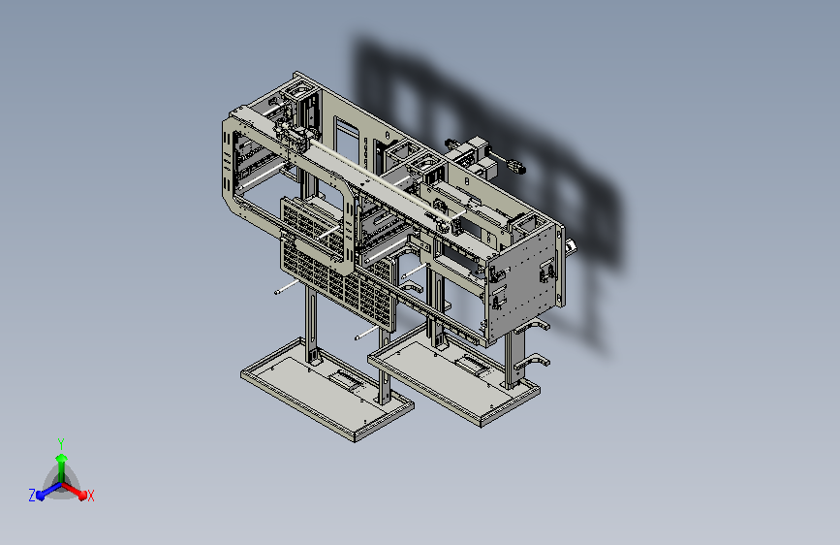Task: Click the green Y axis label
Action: [x=61, y=443]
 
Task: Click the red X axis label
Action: [x=90, y=496]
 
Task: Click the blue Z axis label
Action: [x=32, y=496]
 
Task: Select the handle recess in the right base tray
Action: [x=472, y=365]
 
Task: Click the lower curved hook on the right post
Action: [x=532, y=363]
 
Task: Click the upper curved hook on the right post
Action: [x=532, y=326]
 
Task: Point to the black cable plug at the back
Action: [x=518, y=168]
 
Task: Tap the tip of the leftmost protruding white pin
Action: [x=276, y=292]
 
